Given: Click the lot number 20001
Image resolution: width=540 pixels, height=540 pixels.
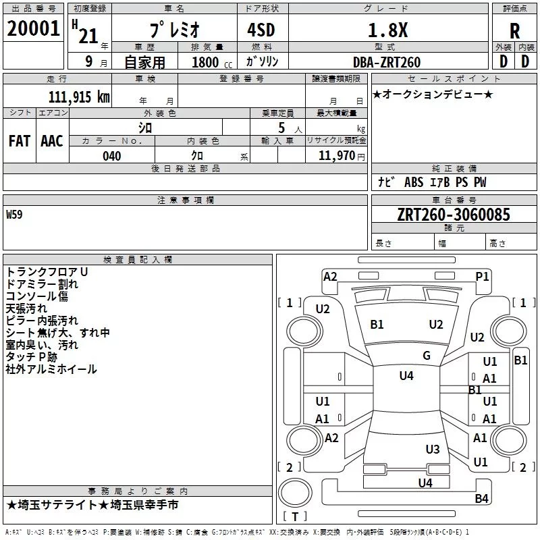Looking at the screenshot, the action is [x=34, y=30].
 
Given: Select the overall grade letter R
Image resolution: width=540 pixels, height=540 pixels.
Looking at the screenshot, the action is [x=515, y=30].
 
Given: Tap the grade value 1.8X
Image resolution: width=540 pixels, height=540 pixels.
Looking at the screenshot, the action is [x=386, y=30].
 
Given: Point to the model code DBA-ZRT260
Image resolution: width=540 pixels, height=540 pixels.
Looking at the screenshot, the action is [x=386, y=62].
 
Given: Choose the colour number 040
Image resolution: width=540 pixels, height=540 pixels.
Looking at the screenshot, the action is [x=112, y=156].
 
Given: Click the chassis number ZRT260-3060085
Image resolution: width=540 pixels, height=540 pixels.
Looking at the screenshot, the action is [x=454, y=215].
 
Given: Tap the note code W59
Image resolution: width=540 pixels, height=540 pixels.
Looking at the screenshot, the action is [x=14, y=216].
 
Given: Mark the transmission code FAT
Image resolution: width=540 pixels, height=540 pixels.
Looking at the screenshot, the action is [x=20, y=140].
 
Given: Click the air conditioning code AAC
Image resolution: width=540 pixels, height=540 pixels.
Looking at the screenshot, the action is [x=52, y=140].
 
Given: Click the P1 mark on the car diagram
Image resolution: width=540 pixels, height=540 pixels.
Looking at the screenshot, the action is [x=482, y=276].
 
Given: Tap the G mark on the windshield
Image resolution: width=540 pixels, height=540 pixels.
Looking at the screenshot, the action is [x=427, y=356].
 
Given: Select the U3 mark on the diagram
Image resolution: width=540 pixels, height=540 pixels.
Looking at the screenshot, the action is [x=433, y=449].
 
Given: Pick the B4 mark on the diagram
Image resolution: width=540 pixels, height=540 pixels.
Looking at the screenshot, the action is [x=481, y=499].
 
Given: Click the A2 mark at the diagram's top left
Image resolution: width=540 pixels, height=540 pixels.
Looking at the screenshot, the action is [x=330, y=276].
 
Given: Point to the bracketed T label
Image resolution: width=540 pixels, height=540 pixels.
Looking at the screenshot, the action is [x=294, y=516].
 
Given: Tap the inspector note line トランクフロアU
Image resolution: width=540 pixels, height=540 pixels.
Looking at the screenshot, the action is [x=47, y=271].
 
